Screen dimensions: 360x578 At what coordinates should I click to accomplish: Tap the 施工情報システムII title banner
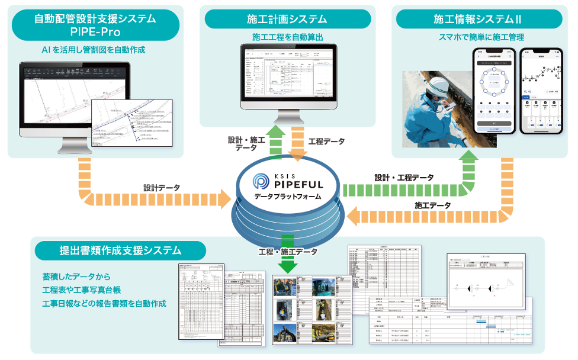pos(480,19)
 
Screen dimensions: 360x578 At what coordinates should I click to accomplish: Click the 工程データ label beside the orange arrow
pos(327,143)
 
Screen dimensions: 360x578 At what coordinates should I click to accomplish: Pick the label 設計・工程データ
pos(403,178)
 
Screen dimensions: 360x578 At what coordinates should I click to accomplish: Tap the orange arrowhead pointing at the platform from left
pos(224,200)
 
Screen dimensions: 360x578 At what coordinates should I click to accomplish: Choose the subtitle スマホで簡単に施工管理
pos(480,37)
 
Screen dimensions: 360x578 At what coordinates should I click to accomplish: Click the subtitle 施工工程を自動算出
pos(287,37)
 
